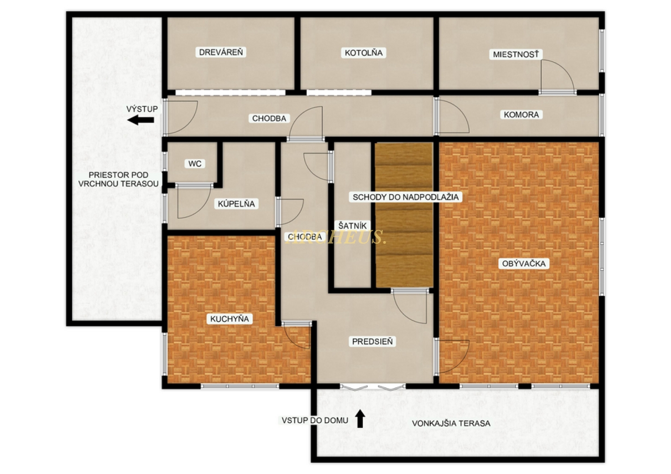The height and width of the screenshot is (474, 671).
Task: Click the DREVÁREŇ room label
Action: [x=221, y=52]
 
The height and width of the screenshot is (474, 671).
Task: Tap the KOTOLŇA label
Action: [x=363, y=53]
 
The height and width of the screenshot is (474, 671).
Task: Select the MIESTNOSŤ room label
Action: [x=516, y=55]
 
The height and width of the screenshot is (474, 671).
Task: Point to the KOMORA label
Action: [x=521, y=114]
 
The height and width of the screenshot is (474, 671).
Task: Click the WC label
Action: [x=195, y=164]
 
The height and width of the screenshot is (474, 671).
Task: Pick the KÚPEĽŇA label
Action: [x=236, y=204]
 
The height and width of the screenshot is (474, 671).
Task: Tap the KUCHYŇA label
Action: [x=230, y=319]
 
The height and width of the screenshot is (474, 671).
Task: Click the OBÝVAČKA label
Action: [x=524, y=264]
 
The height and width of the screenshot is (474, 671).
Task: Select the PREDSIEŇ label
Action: [x=372, y=342]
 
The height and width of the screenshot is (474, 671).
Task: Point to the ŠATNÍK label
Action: [x=352, y=226]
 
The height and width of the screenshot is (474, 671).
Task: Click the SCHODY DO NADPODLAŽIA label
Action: [x=406, y=197]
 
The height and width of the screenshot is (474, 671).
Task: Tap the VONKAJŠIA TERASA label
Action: [x=451, y=423]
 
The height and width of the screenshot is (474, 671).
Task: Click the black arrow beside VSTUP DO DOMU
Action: [x=360, y=419]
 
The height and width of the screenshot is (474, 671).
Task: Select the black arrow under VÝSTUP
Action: [x=141, y=120]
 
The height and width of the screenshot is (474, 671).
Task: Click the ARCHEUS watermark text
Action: [x=335, y=237]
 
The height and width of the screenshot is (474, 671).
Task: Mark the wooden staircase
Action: [x=404, y=215]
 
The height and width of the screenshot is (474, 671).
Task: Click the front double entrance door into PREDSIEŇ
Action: [x=373, y=387]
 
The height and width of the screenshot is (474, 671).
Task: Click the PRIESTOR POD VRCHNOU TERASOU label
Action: [x=119, y=179]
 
